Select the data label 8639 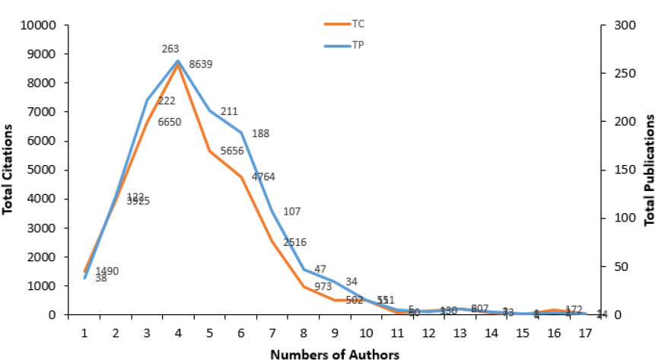200,65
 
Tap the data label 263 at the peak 170,49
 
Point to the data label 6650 168,121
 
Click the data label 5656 232,151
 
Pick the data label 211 229,112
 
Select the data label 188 260,134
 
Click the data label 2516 294,242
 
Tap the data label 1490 107,271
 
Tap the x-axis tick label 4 178,333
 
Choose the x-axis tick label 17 584,333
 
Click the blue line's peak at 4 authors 178,61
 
